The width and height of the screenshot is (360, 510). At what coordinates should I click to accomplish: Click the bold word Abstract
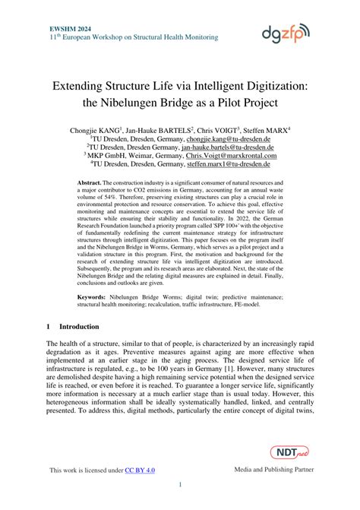tap(90, 184)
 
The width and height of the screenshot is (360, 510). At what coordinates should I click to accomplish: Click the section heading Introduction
tap(79, 327)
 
